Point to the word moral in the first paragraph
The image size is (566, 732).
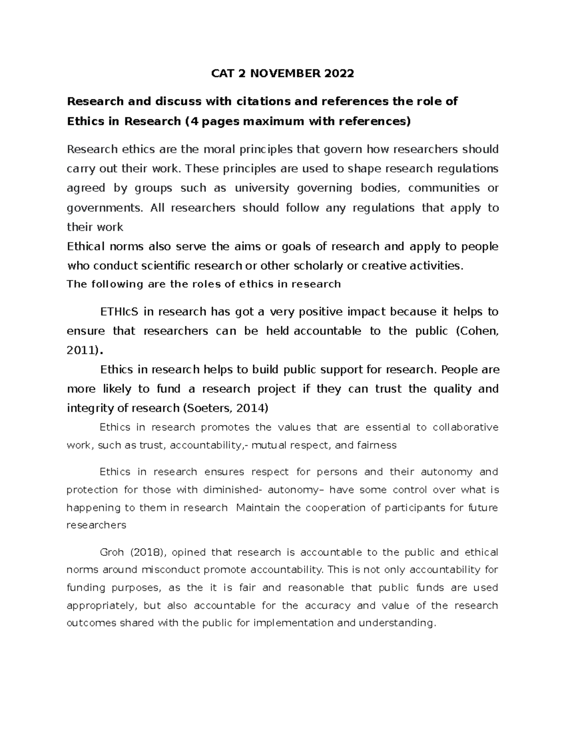click(x=220, y=149)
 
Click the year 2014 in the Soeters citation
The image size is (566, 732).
click(x=250, y=408)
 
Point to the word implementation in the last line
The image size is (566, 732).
click(x=292, y=623)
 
